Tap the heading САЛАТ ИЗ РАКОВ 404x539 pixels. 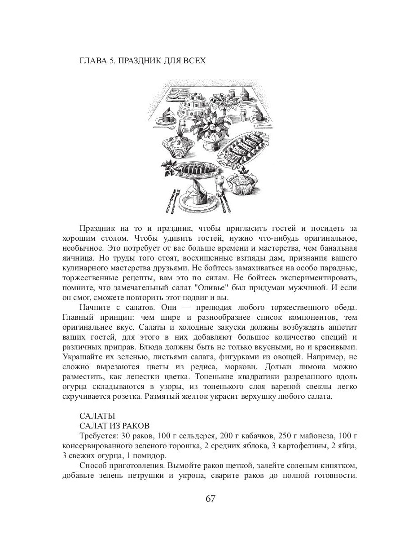114,425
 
